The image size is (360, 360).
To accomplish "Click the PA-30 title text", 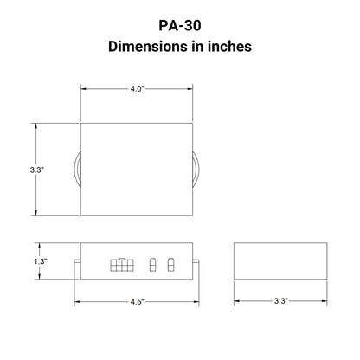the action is pos(180,25).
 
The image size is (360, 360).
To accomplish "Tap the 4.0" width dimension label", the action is pos(137,88).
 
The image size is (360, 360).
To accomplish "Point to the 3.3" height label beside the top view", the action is pos(37,170).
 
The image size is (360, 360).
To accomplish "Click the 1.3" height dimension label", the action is pos(41,261).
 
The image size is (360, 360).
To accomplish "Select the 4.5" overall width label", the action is pos(137,302).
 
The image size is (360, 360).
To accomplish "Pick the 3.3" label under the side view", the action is pos(280,301).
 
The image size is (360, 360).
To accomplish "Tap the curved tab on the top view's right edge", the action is pos(197,170).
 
